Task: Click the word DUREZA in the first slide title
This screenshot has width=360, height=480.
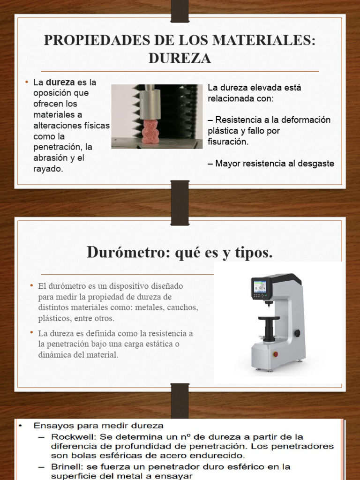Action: coord(180,58)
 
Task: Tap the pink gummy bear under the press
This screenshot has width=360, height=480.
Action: coord(151,132)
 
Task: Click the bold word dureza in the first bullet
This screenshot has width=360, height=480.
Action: coord(60,82)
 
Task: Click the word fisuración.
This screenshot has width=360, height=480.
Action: coord(228,142)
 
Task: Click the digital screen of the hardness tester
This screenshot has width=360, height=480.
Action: coord(260,286)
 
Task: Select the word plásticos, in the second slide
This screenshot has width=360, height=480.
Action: coord(57,318)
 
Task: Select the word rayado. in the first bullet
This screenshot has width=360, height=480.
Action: coord(48,169)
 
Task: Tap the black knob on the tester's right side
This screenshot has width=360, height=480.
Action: coord(297,333)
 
